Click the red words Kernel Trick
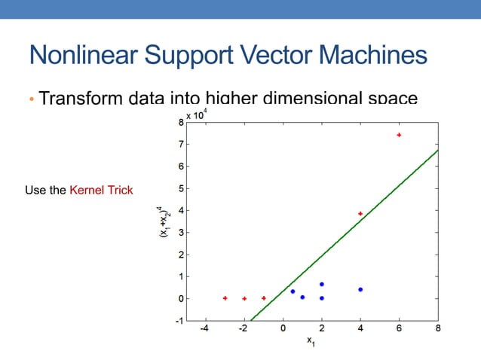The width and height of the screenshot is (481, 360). click(101, 190)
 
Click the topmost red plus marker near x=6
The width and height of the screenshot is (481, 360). click(399, 135)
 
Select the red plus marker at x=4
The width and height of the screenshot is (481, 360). click(360, 214)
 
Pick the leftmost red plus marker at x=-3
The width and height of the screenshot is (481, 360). click(225, 298)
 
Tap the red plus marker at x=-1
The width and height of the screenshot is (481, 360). click(263, 298)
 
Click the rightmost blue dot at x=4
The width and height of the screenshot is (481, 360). click(360, 289)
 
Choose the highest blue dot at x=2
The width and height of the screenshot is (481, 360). click(322, 284)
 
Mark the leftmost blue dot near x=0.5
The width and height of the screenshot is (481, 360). click(293, 291)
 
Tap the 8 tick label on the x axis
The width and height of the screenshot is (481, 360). click(438, 329)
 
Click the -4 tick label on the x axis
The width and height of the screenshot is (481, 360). click(204, 329)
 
